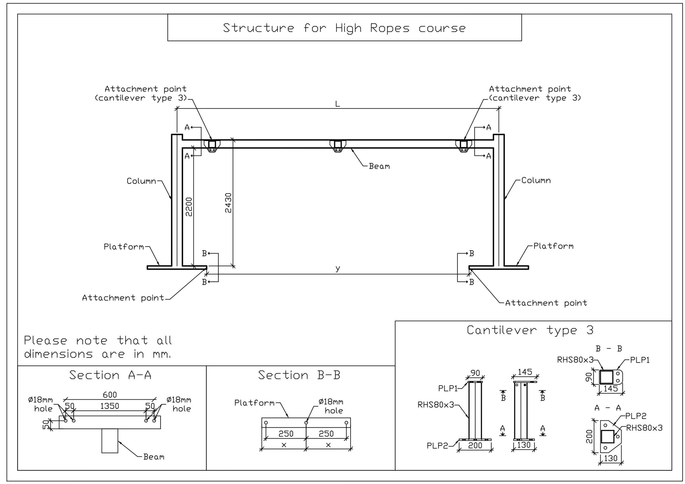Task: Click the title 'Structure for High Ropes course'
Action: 344,28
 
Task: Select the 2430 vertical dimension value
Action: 228,203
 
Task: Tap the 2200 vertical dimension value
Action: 189,207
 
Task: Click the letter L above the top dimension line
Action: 337,104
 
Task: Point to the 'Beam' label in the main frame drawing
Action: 379,166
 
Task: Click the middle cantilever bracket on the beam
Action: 338,146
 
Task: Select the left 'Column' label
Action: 141,181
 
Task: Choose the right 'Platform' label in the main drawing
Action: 553,246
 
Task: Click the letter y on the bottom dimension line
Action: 337,268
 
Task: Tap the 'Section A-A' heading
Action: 111,375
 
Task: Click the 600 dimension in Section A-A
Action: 110,395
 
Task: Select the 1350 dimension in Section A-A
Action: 109,406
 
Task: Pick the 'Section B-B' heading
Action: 299,375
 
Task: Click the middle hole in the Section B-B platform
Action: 306,422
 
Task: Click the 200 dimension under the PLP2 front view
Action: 475,445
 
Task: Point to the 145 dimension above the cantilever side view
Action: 525,372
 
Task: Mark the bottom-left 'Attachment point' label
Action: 123,298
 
